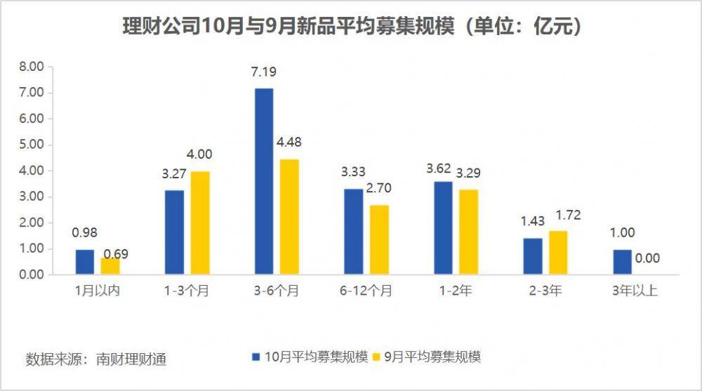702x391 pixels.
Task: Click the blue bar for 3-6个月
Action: pos(264,181)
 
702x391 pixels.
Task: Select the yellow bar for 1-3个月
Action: pos(200,223)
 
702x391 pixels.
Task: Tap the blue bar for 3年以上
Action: pos(622,262)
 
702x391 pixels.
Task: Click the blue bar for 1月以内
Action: pos(84,262)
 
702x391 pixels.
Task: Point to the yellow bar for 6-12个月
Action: pos(379,239)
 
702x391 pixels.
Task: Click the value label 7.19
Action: pos(264,73)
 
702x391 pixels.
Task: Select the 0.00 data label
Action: pos(647,258)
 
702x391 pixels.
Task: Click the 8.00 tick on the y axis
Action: pos(31,67)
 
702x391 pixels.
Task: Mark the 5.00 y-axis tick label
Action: pos(31,145)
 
